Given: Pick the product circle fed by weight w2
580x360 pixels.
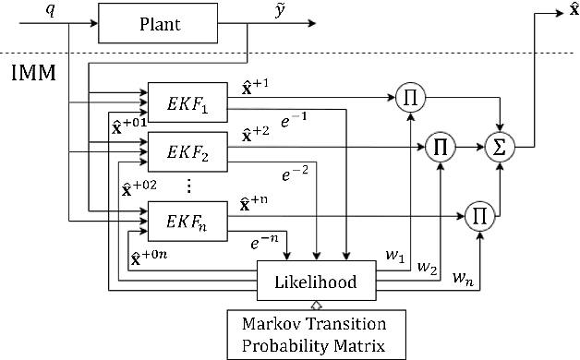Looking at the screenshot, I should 441,146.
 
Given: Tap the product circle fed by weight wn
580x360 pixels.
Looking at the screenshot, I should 479,214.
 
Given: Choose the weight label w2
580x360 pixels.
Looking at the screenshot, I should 427,269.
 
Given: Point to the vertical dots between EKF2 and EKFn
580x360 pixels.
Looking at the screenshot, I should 187,186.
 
